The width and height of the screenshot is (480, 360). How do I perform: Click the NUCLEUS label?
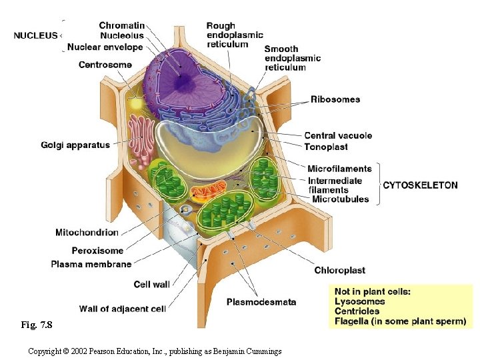click(x=35, y=35)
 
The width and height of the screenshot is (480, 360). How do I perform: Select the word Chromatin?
click(x=121, y=25)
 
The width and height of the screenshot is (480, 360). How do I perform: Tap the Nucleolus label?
click(x=121, y=35)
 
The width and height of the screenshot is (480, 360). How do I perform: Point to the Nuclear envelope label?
click(x=105, y=47)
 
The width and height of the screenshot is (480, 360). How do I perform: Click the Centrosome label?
click(x=105, y=65)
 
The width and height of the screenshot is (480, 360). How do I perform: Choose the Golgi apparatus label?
click(x=75, y=145)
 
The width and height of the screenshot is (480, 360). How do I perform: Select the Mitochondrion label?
click(x=87, y=233)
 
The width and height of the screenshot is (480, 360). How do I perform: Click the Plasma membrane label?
click(x=91, y=264)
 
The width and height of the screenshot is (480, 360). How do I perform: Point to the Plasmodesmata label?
click(x=261, y=302)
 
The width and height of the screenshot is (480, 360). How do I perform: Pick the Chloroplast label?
click(x=339, y=270)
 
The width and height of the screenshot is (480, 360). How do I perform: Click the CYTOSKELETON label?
click(x=420, y=185)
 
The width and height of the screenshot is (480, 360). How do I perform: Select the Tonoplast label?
click(x=326, y=147)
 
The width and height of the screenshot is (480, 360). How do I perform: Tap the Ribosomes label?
click(x=335, y=99)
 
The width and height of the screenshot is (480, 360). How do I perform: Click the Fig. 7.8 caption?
click(x=36, y=325)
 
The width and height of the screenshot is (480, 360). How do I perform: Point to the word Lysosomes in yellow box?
click(x=359, y=301)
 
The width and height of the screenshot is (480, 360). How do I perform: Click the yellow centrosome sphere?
click(x=137, y=103)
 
